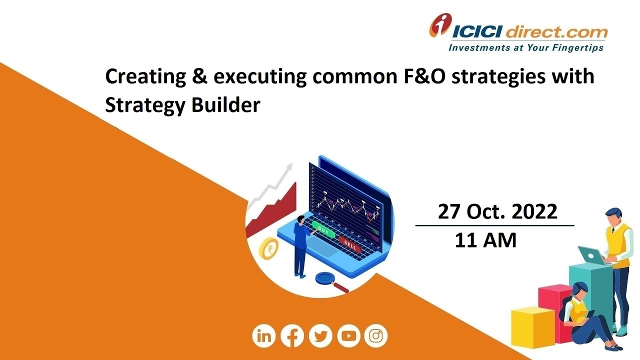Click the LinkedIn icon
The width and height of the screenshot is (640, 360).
point(264,336)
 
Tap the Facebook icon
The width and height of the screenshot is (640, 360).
point(292,336)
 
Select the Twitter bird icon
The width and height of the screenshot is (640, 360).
point(320,336)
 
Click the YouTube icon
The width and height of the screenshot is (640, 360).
point(348,336)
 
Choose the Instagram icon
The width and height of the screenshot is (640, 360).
point(376,336)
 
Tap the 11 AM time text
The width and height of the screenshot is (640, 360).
point(485,241)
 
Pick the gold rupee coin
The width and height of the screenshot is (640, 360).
point(269,249)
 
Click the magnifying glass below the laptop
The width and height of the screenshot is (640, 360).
point(327,280)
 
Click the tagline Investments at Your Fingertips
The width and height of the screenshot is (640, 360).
point(525,48)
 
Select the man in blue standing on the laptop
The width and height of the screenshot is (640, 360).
point(301,245)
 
